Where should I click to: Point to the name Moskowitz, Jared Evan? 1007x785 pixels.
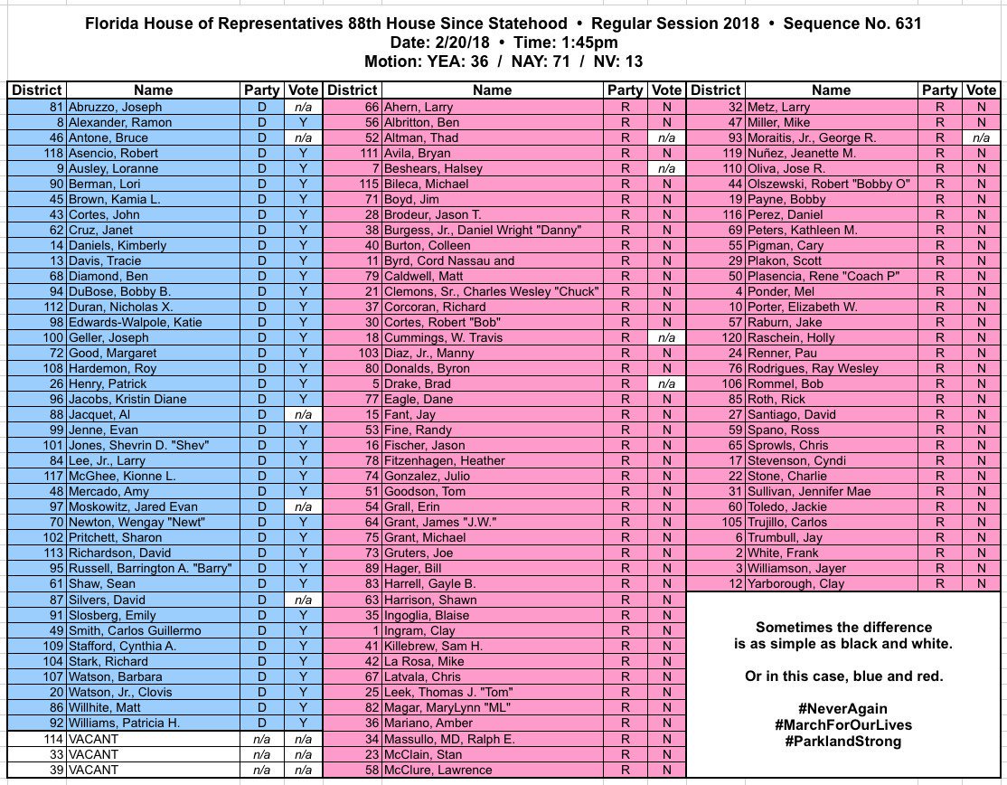tap(133, 507)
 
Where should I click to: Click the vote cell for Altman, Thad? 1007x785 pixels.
tap(667, 137)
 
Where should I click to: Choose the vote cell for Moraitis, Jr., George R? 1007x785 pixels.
tap(981, 137)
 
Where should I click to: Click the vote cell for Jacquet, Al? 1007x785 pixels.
tap(304, 415)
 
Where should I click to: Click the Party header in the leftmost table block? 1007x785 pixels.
tap(262, 90)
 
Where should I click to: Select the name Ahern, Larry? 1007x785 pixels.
tap(420, 107)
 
